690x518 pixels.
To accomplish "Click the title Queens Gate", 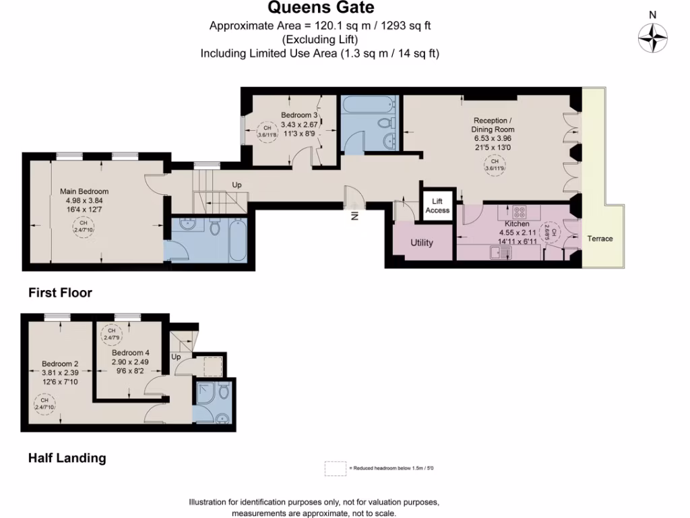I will [321, 8].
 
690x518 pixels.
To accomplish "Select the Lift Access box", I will [437, 206].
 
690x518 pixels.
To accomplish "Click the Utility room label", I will [422, 243].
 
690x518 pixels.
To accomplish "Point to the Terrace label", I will [600, 239].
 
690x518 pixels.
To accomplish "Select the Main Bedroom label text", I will [84, 192].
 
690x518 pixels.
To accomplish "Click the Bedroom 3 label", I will [300, 116].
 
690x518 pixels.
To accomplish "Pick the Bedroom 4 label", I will [130, 353].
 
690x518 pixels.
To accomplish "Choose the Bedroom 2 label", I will [60, 364].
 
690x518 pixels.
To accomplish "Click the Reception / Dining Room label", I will [494, 125].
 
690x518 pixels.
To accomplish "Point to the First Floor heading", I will [60, 293].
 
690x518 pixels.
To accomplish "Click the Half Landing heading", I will [67, 458].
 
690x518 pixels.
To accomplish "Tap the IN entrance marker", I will [352, 217].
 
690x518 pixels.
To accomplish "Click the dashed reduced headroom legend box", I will [335, 468].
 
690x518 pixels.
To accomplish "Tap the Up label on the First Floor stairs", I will [237, 185].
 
